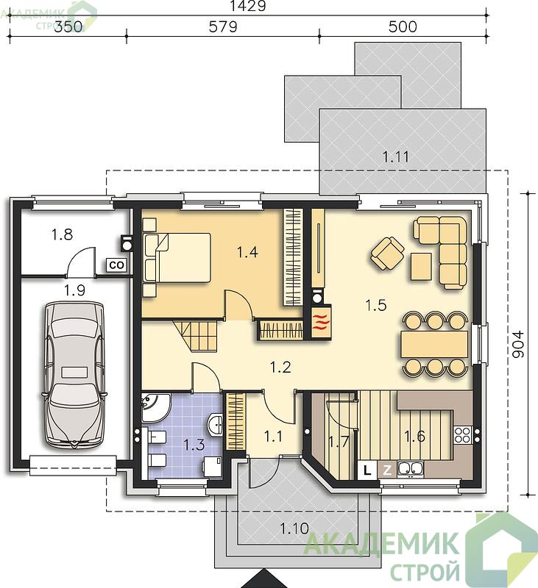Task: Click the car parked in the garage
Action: (x=74, y=374)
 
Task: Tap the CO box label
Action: (x=116, y=265)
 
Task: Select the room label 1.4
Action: (x=247, y=252)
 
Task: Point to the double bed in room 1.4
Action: (x=177, y=257)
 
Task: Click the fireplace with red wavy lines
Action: (x=321, y=322)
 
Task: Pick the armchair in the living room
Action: (x=387, y=253)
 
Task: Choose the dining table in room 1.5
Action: (x=434, y=344)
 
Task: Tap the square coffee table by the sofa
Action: (x=421, y=266)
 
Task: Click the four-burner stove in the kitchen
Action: (x=463, y=435)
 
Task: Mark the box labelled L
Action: (x=367, y=470)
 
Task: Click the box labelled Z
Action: (x=386, y=470)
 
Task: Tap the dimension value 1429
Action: (x=247, y=6)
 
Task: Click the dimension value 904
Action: (x=518, y=344)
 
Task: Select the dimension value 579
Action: (x=223, y=26)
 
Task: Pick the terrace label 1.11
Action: (x=396, y=157)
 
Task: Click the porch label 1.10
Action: (x=294, y=528)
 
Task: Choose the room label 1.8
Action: (x=62, y=234)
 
